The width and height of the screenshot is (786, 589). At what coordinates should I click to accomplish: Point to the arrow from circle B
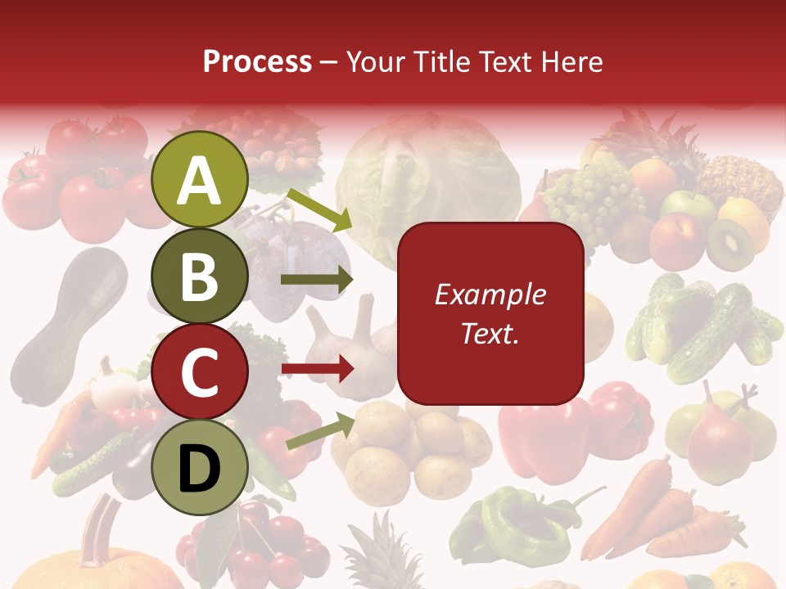pos(317,280)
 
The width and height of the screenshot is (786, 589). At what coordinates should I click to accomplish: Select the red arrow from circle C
pos(317,369)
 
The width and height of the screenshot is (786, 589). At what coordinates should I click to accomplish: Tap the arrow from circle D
pos(319,430)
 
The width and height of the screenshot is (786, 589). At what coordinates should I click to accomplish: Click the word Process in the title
pos(257,61)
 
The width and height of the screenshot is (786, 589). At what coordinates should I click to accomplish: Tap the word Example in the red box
pos(490,294)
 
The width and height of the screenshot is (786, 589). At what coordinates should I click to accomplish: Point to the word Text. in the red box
pos(490,333)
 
